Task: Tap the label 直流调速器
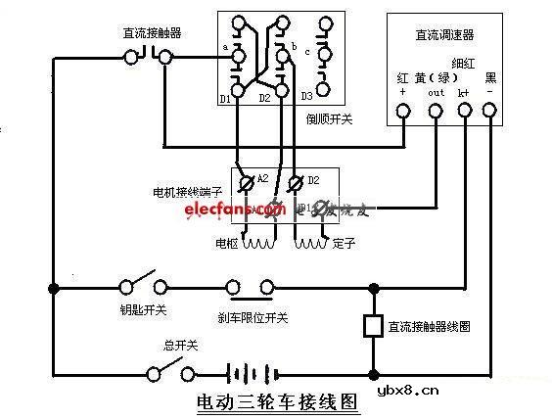point(444,35)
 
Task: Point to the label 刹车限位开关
point(253,316)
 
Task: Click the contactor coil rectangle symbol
point(372,326)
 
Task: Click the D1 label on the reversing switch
point(225,97)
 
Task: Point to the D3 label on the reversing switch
point(306,96)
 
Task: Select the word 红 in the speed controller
point(401,76)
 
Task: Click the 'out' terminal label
point(437,93)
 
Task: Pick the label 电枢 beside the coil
point(226,241)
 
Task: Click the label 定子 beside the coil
point(343,241)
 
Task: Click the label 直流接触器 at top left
point(153,33)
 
